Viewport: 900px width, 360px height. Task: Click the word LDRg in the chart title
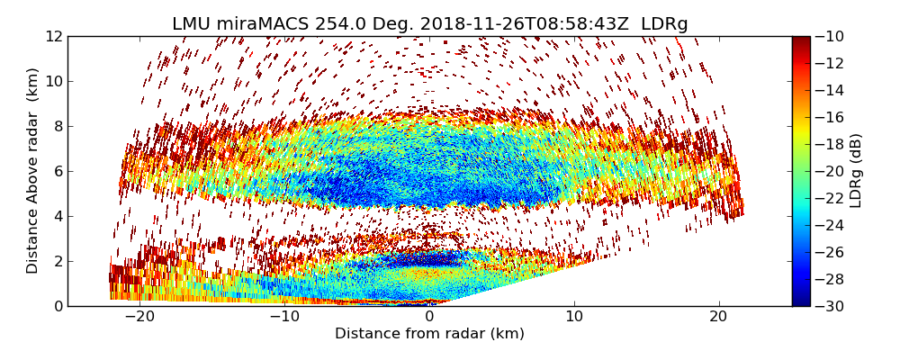coord(664,24)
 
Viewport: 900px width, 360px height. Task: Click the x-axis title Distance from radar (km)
coord(429,334)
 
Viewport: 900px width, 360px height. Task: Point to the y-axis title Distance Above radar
coord(33,171)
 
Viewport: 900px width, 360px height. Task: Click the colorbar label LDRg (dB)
coord(856,171)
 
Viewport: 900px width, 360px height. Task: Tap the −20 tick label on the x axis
coord(139,317)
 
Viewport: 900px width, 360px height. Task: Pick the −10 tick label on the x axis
coord(284,317)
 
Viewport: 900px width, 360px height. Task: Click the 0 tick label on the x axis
coord(429,317)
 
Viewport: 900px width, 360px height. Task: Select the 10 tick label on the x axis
coord(574,317)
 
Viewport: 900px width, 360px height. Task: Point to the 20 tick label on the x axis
coord(719,317)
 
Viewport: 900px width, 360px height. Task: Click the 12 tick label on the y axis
coord(54,36)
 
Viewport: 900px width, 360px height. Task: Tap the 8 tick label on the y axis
coord(58,126)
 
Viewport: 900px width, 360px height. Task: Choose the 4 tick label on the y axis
coord(58,216)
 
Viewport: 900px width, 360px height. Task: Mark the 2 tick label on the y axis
coord(58,261)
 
